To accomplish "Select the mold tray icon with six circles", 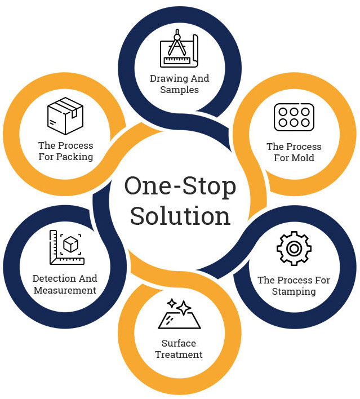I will click(x=294, y=117).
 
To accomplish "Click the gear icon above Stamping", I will click(x=294, y=248).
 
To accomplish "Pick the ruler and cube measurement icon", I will click(x=66, y=247).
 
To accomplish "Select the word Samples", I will click(x=179, y=90).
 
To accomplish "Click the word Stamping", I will click(x=294, y=291).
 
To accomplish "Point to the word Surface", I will click(x=179, y=343).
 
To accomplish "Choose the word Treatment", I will click(x=179, y=354).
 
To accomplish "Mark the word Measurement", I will click(x=65, y=290).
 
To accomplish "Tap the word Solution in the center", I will click(x=180, y=216).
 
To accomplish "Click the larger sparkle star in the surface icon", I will click(x=183, y=307).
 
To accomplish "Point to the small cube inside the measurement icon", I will click(x=70, y=245).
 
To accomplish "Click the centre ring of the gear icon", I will click(x=294, y=248).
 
